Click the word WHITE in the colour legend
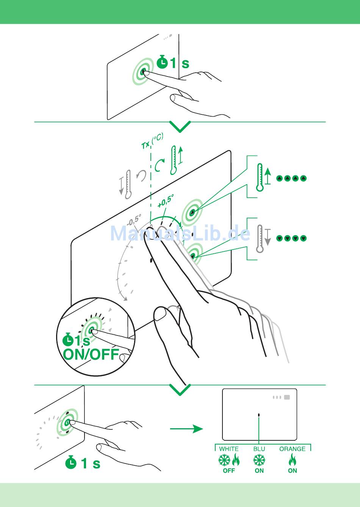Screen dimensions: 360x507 229,449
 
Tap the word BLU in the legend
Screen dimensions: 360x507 259,449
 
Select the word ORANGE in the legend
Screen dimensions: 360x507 292,449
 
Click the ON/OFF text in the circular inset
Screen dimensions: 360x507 91,354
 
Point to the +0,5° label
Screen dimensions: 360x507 166,201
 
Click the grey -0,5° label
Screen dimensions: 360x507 134,220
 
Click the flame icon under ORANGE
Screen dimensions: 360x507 292,459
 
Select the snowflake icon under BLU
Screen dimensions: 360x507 259,460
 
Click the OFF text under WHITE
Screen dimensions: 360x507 229,471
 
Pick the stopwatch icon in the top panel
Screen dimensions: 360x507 162,62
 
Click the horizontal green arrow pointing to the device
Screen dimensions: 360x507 186,429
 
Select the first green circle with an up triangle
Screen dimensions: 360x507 280,179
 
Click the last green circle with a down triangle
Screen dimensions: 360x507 303,238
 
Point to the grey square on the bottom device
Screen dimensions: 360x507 287,397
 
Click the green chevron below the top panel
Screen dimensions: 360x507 180,127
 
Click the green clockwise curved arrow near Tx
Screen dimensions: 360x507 159,165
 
